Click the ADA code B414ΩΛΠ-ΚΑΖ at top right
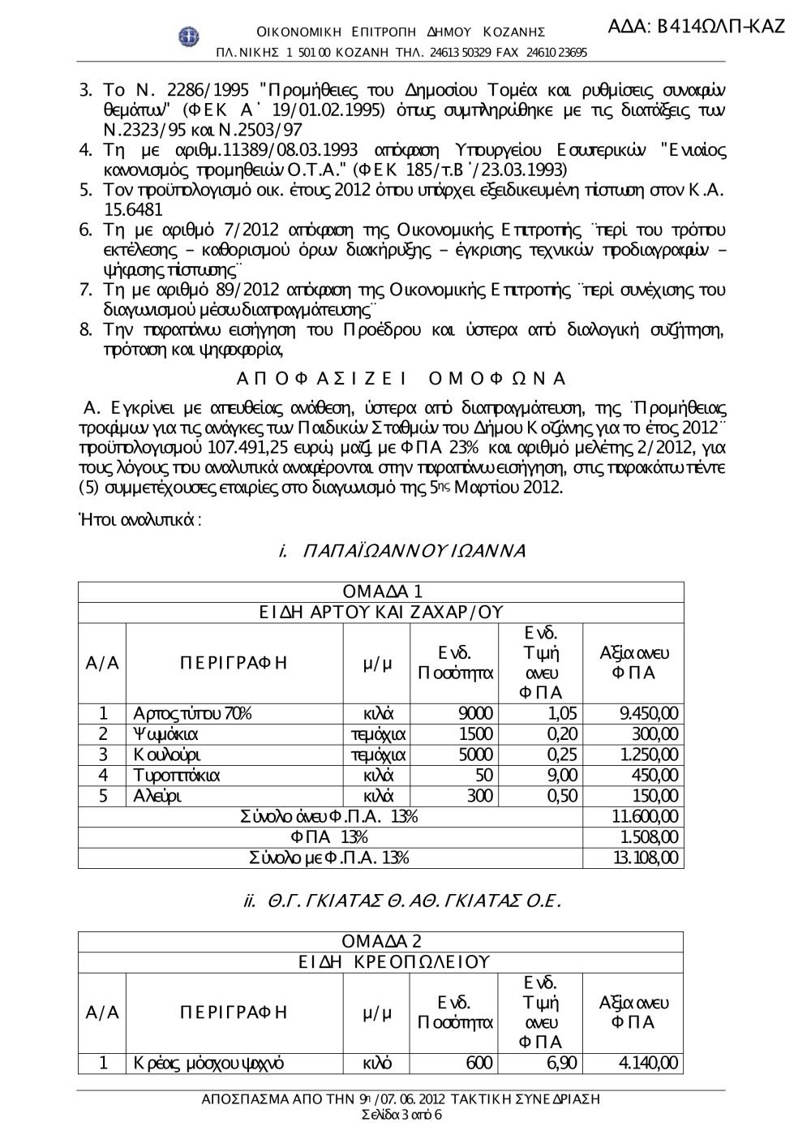tap(696, 26)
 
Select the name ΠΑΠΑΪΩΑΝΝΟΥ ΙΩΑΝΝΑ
tap(402, 551)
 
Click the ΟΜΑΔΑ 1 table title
tap(381, 592)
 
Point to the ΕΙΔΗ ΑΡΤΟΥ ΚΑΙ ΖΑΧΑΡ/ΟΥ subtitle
tap(381, 613)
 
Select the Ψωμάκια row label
tap(165, 734)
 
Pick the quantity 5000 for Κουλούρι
tap(475, 755)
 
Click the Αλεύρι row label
tap(157, 796)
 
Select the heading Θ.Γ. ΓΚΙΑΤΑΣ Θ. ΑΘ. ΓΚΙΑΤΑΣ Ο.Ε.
tap(402, 901)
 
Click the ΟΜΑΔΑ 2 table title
tap(381, 942)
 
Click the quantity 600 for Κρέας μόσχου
tap(479, 1064)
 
